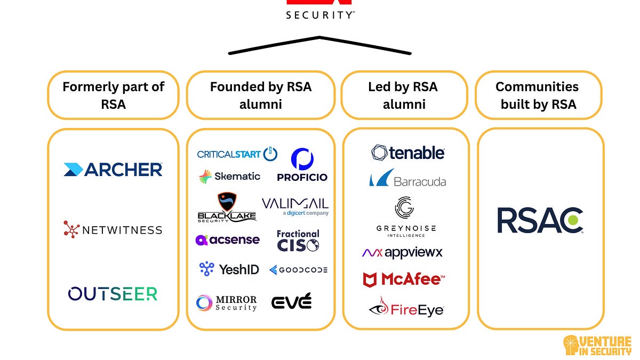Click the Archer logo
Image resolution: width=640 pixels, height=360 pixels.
(x=113, y=170)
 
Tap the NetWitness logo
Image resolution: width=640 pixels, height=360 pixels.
(x=113, y=230)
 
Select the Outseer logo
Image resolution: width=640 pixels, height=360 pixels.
(x=113, y=293)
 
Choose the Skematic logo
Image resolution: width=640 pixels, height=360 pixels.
(x=229, y=177)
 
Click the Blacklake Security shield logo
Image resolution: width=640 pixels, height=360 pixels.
(x=227, y=207)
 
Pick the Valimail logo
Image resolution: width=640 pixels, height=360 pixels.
(x=295, y=206)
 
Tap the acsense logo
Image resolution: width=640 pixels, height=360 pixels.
(x=228, y=239)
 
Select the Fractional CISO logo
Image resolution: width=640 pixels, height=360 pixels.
(x=298, y=241)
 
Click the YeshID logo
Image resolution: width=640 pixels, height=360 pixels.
(x=229, y=269)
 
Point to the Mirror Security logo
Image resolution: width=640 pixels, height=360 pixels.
(x=227, y=303)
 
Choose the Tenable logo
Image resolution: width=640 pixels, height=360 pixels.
(x=408, y=153)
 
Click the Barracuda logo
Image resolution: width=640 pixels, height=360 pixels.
(x=407, y=179)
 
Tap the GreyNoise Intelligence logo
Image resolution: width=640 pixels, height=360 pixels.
(x=406, y=217)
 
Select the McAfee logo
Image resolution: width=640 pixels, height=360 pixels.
(x=404, y=279)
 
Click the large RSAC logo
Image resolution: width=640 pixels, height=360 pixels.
(x=540, y=221)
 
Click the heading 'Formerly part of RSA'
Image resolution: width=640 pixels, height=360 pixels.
(x=113, y=95)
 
